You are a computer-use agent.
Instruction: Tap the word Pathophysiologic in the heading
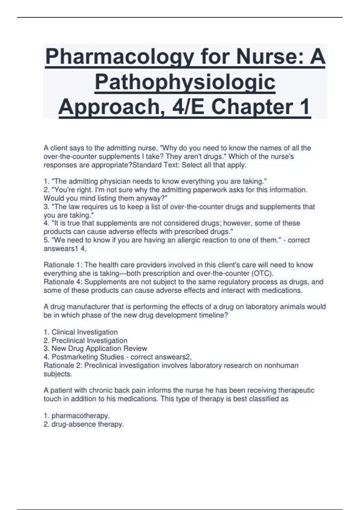pos(185,82)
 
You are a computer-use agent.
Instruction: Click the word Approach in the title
pos(109,106)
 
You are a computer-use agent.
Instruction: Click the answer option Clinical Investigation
pos(85,332)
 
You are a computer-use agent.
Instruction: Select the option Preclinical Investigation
pos(89,340)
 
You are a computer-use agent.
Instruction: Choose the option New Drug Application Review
pos(99,349)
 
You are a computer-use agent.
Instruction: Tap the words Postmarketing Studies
pos(88,357)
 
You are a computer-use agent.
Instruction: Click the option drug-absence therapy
pos(88,424)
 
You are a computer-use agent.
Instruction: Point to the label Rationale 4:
pos(63,282)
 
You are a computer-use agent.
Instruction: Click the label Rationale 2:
pos(63,365)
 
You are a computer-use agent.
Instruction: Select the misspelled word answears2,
pos(176,357)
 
